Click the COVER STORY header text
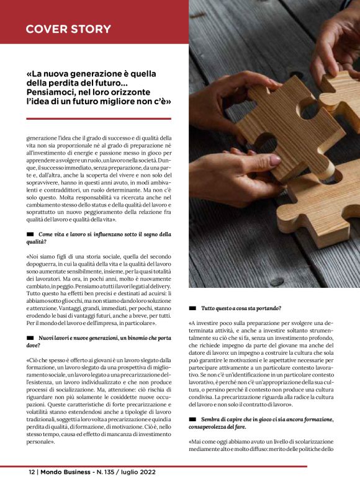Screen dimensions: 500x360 (x=68, y=29)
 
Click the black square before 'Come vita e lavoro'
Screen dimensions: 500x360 (x=30, y=234)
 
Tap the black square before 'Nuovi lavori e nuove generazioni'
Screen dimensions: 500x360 (x=30, y=337)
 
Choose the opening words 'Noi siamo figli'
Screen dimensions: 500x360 (x=49, y=256)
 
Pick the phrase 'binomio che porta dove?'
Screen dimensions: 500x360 (x=147, y=337)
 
